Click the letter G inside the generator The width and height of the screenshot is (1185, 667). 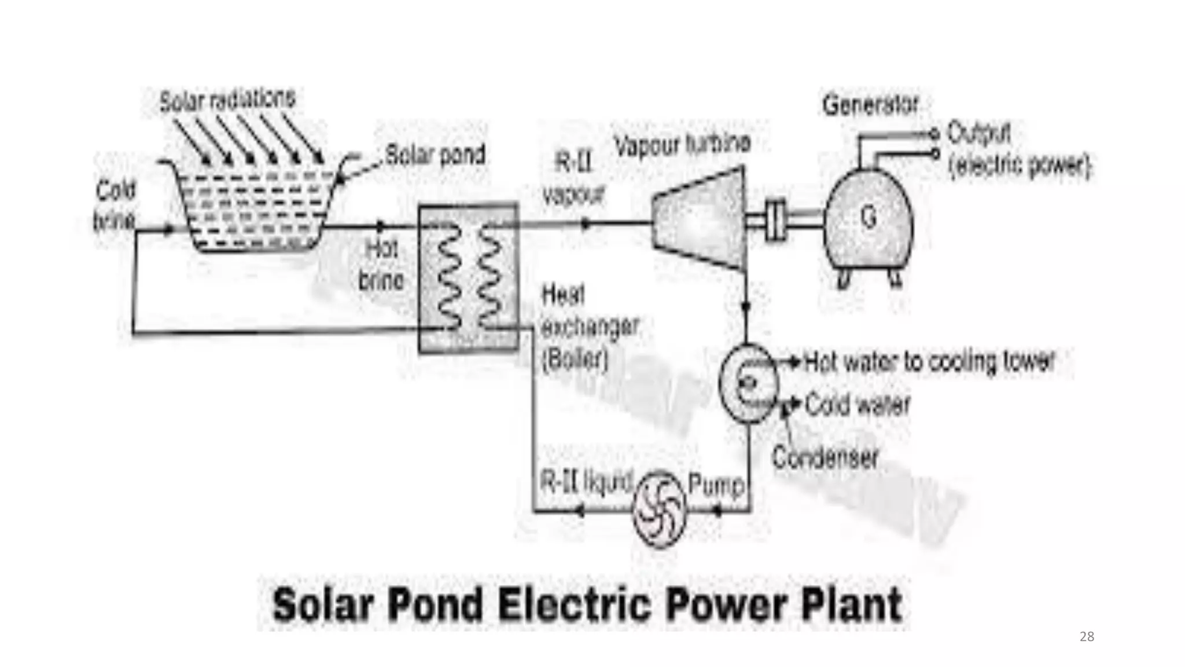point(868,218)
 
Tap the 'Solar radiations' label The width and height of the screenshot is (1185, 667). point(227,100)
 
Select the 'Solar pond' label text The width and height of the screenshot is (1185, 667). point(435,155)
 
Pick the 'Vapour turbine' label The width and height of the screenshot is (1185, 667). point(682,144)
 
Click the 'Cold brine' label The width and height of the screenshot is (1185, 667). point(115,206)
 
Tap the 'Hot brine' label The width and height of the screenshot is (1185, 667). point(381,265)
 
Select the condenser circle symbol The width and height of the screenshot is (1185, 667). point(749,383)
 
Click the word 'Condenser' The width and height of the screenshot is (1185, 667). point(825,457)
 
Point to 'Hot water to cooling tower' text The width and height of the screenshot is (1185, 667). point(929,361)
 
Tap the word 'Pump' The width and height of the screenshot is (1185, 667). point(716,484)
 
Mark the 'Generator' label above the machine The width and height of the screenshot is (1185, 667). point(870,105)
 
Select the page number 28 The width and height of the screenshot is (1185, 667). point(1087,637)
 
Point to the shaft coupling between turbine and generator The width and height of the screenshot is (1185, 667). point(776,219)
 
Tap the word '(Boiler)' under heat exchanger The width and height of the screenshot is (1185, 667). point(575,360)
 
